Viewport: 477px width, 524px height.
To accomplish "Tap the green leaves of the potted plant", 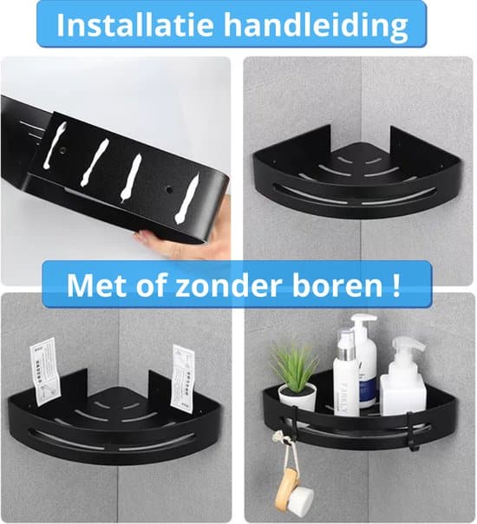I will click(x=295, y=364).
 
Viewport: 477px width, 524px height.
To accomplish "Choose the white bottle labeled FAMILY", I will click(x=345, y=369).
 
